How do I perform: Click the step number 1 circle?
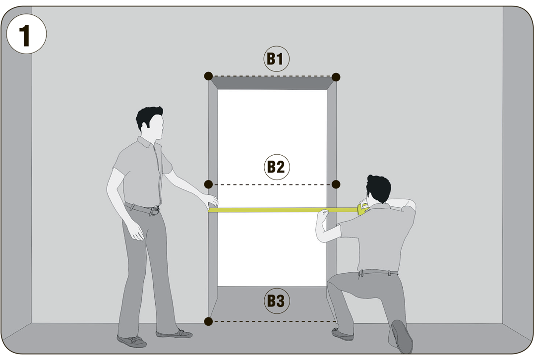27,34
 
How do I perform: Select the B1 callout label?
276,59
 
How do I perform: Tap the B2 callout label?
277,167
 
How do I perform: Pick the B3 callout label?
276,301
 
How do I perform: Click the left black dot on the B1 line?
208,76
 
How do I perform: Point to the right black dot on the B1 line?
336,77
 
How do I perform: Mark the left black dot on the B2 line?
208,184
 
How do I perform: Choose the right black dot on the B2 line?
336,184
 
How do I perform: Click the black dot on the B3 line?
208,321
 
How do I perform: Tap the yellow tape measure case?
362,208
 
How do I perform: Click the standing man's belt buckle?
155,211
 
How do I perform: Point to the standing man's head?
150,123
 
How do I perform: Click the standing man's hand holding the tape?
211,202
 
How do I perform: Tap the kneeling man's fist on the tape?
323,214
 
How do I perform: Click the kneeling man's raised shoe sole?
402,337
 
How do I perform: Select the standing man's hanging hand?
136,232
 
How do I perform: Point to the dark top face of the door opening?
272,83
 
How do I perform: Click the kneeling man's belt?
378,272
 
